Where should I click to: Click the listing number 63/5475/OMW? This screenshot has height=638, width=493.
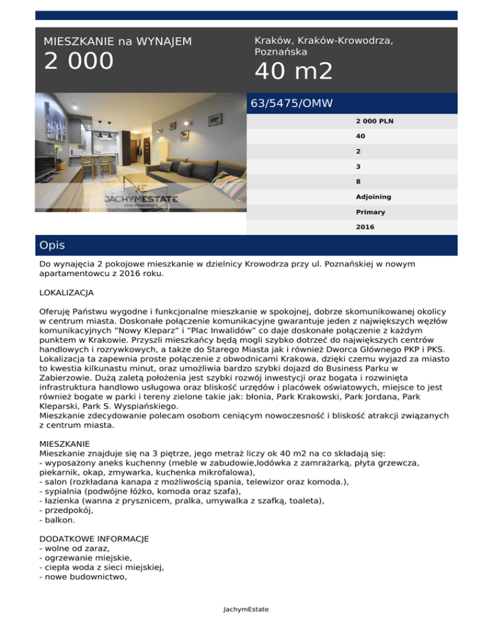(x=292, y=103)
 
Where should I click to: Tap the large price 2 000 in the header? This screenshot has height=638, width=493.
(x=78, y=62)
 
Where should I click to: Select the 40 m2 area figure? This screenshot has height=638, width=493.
(x=294, y=71)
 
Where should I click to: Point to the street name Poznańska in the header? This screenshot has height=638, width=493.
(x=281, y=51)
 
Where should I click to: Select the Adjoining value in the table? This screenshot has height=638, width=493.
(x=373, y=196)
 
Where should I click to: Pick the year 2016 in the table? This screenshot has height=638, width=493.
(x=365, y=226)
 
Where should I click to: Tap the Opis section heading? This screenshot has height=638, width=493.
(x=51, y=245)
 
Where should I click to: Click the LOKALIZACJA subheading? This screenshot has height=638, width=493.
(x=66, y=292)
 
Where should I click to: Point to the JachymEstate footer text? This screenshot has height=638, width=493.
(x=246, y=609)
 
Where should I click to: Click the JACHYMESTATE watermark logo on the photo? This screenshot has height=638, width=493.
(x=141, y=200)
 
